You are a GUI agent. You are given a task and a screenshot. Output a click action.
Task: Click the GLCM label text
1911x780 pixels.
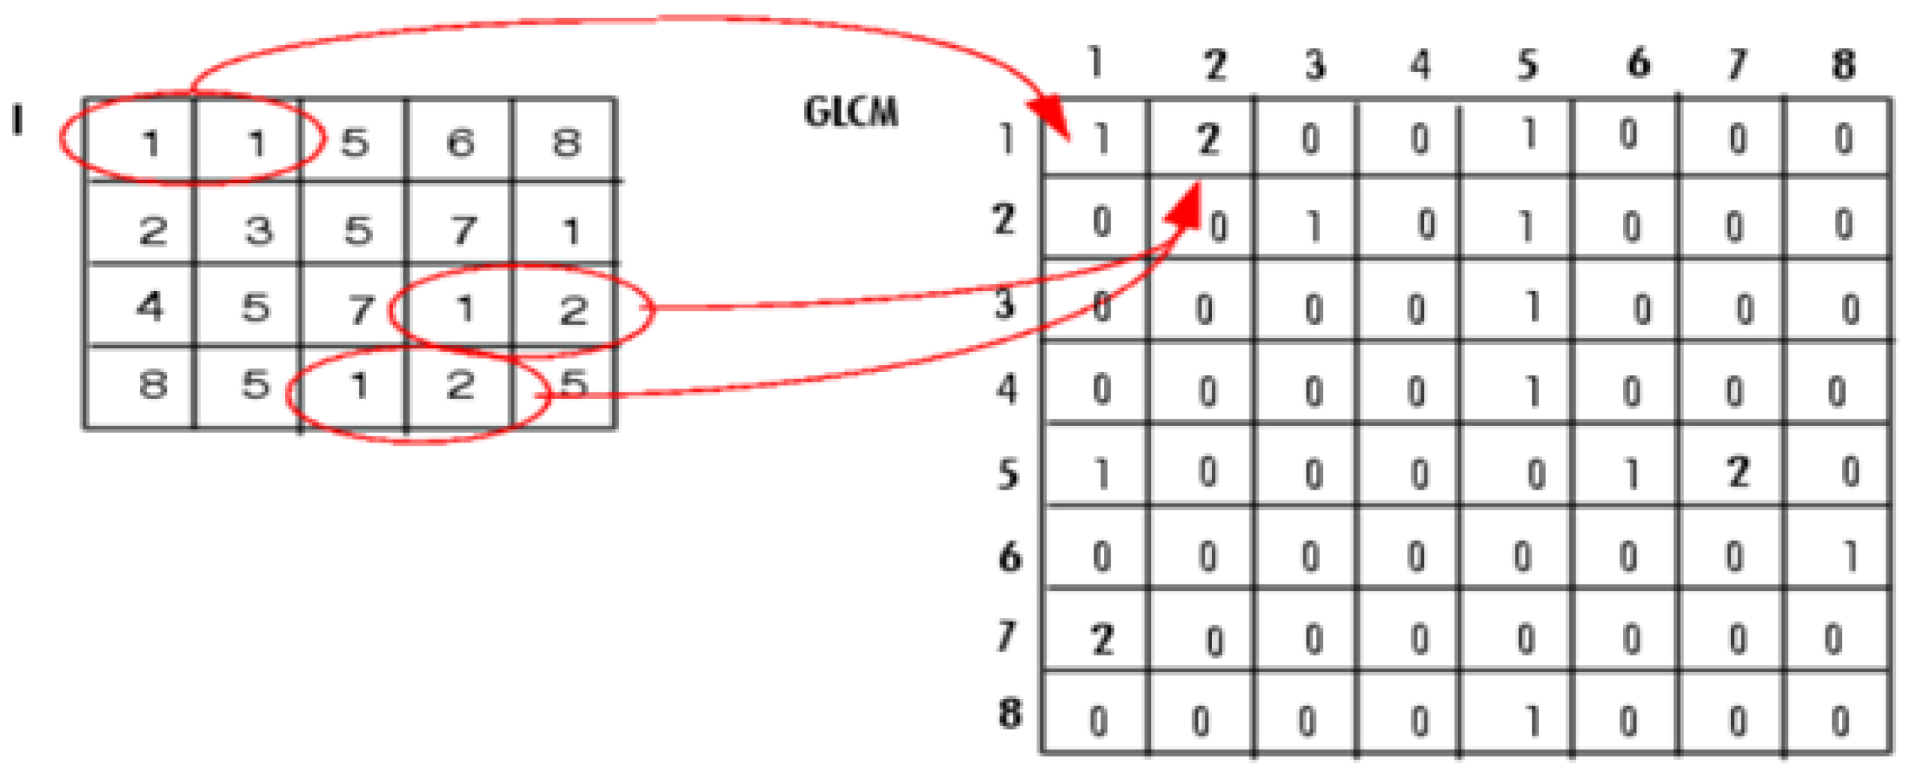click(850, 113)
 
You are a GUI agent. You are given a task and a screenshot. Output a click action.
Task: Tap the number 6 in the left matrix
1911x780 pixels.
click(460, 142)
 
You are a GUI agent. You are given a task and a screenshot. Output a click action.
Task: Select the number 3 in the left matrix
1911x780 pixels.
click(259, 229)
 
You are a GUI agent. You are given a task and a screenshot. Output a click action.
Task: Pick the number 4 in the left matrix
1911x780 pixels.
click(150, 306)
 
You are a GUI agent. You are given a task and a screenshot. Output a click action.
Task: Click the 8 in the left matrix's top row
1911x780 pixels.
click(566, 142)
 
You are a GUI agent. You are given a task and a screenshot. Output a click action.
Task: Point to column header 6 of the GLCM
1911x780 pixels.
click(1638, 63)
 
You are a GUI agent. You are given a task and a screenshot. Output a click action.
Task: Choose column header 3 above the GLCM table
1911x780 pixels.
click(1315, 65)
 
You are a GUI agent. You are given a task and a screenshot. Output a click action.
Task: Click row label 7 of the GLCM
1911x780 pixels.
click(1007, 636)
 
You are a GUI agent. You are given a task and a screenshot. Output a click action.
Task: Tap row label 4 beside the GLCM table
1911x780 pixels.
click(1007, 389)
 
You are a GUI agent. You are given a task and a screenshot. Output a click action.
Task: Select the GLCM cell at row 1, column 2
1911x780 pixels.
click(1208, 139)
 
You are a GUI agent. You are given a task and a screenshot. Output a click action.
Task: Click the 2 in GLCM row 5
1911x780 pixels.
click(1738, 472)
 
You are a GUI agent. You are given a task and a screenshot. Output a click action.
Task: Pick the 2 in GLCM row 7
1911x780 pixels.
click(1102, 640)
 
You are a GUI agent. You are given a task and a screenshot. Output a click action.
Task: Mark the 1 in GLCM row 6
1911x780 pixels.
click(1850, 556)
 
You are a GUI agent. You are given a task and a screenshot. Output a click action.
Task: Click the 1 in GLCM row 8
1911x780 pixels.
click(1532, 721)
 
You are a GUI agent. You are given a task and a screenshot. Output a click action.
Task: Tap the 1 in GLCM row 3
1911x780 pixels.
click(1532, 307)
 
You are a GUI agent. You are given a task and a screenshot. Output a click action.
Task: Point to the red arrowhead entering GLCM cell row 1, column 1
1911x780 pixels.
click(1053, 120)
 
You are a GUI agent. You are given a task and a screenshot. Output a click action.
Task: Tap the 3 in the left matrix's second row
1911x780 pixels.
click(259, 229)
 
